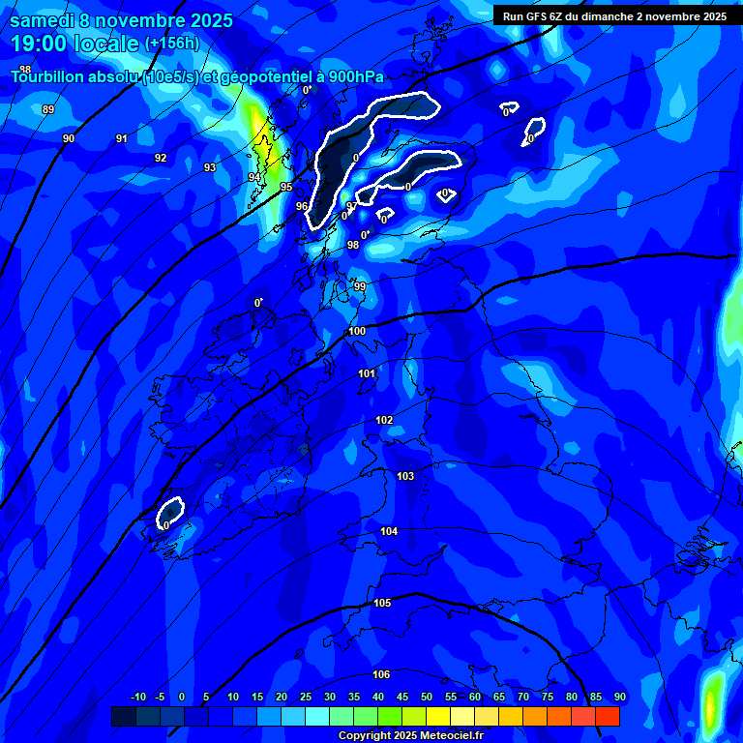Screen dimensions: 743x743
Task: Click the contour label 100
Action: (x=358, y=331)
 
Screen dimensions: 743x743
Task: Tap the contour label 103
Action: (x=405, y=476)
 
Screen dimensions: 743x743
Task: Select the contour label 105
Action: (x=382, y=603)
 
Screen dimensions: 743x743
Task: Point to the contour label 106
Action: (x=381, y=674)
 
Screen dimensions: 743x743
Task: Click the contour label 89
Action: (x=48, y=109)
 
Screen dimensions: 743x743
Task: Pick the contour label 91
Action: (x=122, y=138)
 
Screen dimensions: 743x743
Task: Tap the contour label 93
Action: (x=210, y=167)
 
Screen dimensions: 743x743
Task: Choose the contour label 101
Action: (x=367, y=373)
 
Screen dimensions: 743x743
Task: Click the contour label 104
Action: (x=389, y=531)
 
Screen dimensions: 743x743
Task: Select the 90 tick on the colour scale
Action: (x=619, y=697)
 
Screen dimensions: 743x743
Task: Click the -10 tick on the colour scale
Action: (x=138, y=697)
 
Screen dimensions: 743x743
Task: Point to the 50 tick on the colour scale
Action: (x=426, y=697)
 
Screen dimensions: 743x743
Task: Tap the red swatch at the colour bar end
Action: (x=608, y=716)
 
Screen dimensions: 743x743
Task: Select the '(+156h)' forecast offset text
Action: (x=171, y=44)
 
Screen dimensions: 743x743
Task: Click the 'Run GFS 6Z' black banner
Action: (x=615, y=15)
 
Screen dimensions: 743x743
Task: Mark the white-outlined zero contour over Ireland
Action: (x=170, y=512)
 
